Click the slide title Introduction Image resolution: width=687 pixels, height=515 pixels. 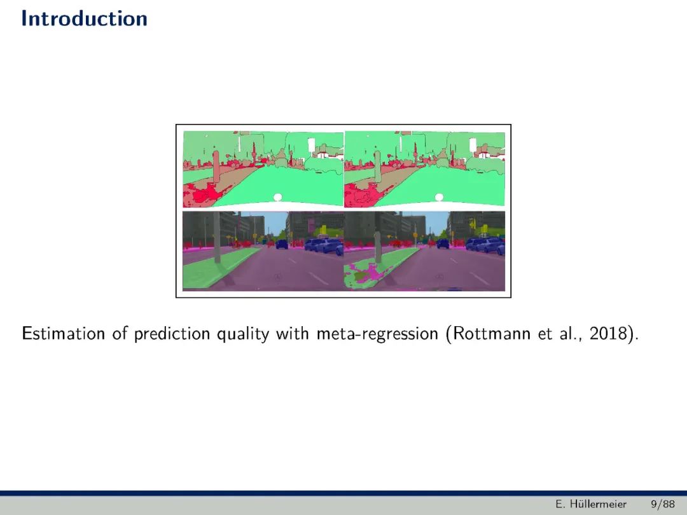pos(84,19)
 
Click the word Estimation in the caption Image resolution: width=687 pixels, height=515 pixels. pos(64,334)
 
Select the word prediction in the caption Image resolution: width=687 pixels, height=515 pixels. pos(172,334)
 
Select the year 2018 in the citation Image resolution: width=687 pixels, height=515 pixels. pos(609,334)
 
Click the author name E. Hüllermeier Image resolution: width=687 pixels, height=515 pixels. pos(590,504)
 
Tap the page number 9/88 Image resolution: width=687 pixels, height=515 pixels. pos(663,504)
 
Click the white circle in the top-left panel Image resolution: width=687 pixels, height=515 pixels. pos(278,198)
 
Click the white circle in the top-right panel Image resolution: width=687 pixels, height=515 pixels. pos(440,198)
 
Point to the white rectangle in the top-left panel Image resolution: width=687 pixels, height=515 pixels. pos(312,146)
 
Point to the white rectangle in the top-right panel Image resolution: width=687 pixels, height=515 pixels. pos(473,146)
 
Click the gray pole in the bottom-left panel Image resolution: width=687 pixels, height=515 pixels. pos(218,237)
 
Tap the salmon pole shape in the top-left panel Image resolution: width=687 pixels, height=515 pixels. pos(216,167)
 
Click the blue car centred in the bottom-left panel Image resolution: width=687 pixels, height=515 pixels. pos(281,244)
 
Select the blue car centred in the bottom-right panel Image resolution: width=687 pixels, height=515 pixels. pos(443,244)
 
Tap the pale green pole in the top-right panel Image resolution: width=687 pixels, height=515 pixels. pos(377,167)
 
